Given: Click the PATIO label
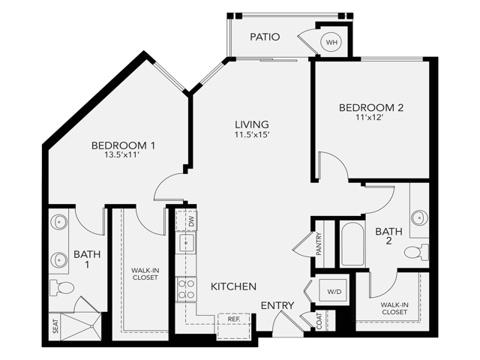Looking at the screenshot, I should tap(264, 36).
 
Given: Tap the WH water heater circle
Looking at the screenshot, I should tap(331, 43).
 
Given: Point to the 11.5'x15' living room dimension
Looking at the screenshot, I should tap(251, 135).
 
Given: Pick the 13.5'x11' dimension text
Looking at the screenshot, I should tap(124, 155).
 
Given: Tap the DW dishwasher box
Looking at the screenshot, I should tap(191, 222).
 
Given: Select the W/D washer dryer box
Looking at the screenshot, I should tap(334, 290).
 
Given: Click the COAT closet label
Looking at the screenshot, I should tap(319, 321).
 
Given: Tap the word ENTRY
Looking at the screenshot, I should tap(277, 305).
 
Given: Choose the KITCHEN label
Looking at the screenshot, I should tap(233, 286).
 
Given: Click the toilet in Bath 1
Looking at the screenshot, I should tap(64, 287).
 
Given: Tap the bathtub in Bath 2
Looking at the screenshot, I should tap(351, 244).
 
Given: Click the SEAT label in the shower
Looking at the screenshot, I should tap(55, 327).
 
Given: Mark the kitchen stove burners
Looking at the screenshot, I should tap(184, 289).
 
